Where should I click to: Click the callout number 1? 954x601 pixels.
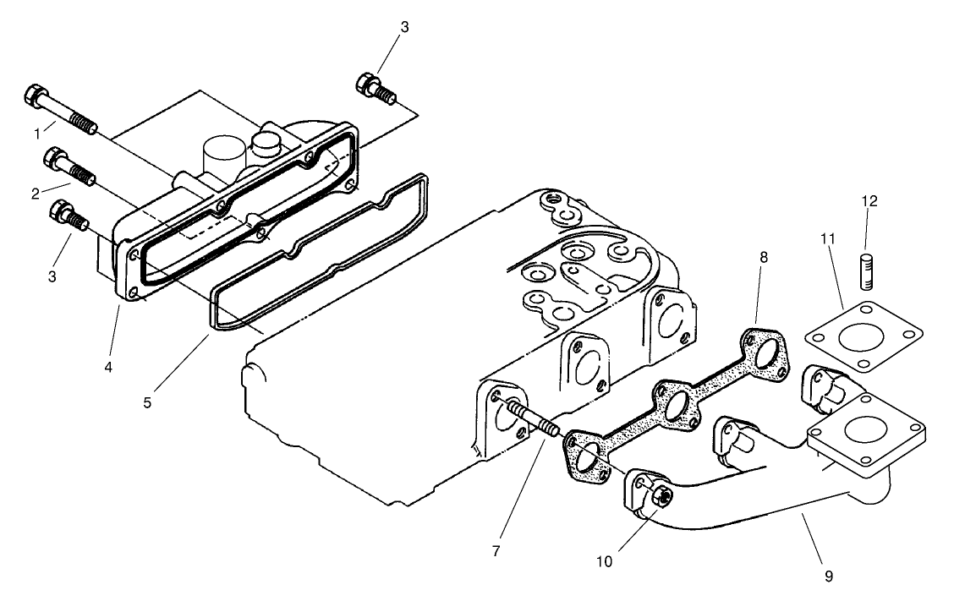pyautogui.click(x=36, y=134)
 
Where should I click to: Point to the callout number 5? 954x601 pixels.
pyautogui.click(x=147, y=402)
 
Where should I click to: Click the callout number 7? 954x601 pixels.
pyautogui.click(x=495, y=551)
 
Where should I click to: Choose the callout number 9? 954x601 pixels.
pyautogui.click(x=828, y=576)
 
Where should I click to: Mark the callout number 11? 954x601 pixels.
pyautogui.click(x=828, y=239)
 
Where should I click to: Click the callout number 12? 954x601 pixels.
pyautogui.click(x=869, y=201)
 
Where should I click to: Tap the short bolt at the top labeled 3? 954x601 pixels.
pyautogui.click(x=376, y=89)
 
